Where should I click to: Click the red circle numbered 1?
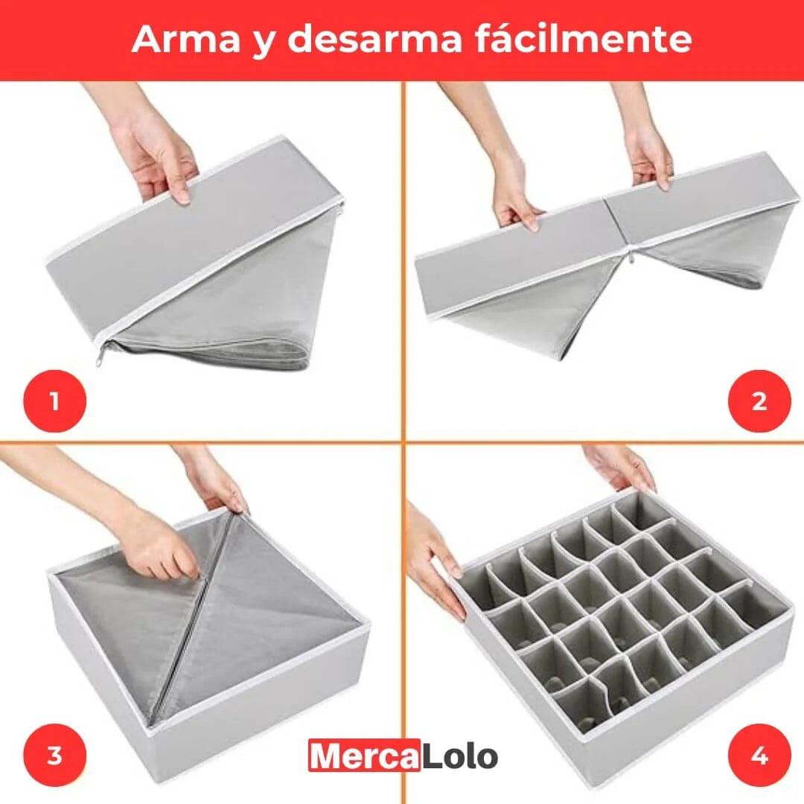[x=54, y=403]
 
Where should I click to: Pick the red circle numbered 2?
[x=759, y=402]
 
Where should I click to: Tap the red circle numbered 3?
[x=54, y=756]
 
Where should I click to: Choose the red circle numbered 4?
[x=759, y=756]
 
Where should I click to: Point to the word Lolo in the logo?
[x=459, y=756]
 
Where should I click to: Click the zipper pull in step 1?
[x=100, y=358]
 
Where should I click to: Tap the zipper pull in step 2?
[x=630, y=258]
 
